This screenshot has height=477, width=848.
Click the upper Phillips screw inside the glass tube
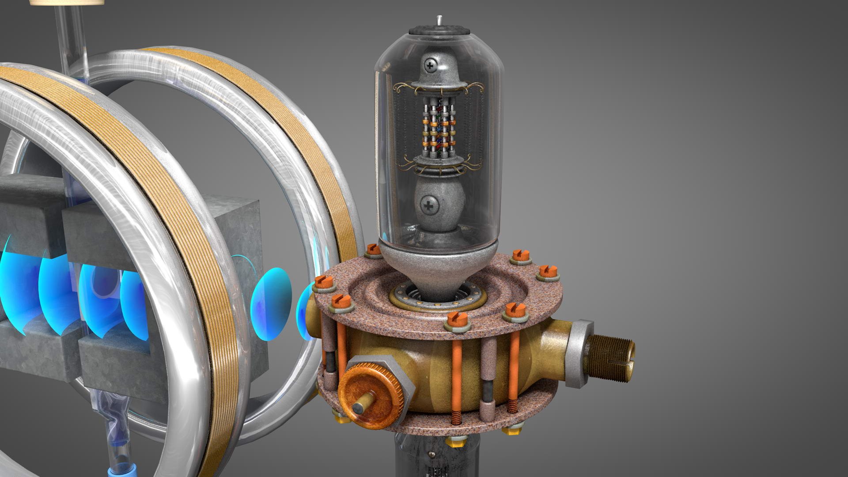point(429,66)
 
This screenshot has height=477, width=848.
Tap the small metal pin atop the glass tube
point(439,20)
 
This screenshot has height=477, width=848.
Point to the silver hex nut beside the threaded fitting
point(579,353)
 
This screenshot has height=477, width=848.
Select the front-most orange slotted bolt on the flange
point(456,320)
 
